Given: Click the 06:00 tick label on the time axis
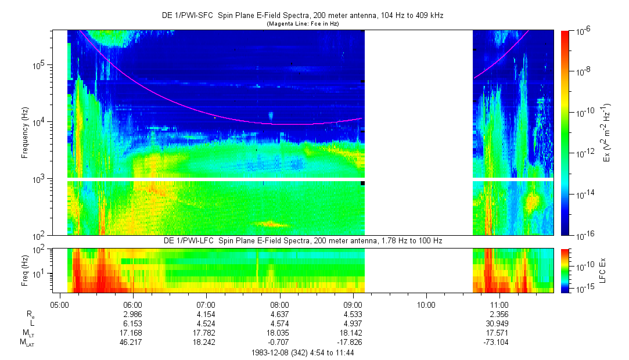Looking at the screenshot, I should tap(133, 304).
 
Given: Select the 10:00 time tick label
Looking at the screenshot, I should tap(426, 304).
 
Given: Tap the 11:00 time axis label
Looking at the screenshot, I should tap(499, 304).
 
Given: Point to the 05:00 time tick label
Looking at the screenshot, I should tap(60, 304).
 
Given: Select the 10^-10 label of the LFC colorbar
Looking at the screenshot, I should tap(583, 265).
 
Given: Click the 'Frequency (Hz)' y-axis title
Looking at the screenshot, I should tap(26, 132).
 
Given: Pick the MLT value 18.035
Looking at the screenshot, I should tap(279, 333).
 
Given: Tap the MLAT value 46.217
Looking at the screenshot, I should tap(133, 342).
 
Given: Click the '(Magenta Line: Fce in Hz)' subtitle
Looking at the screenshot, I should tap(303, 24).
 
